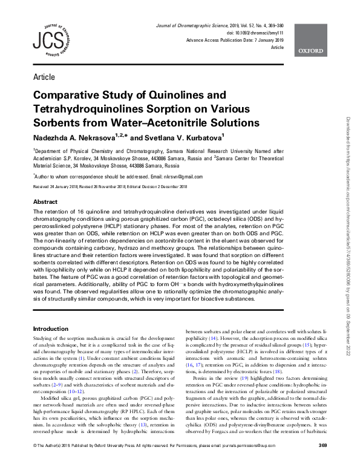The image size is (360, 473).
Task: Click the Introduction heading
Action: tap(53, 328)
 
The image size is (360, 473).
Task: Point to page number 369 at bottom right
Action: tap(322, 463)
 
